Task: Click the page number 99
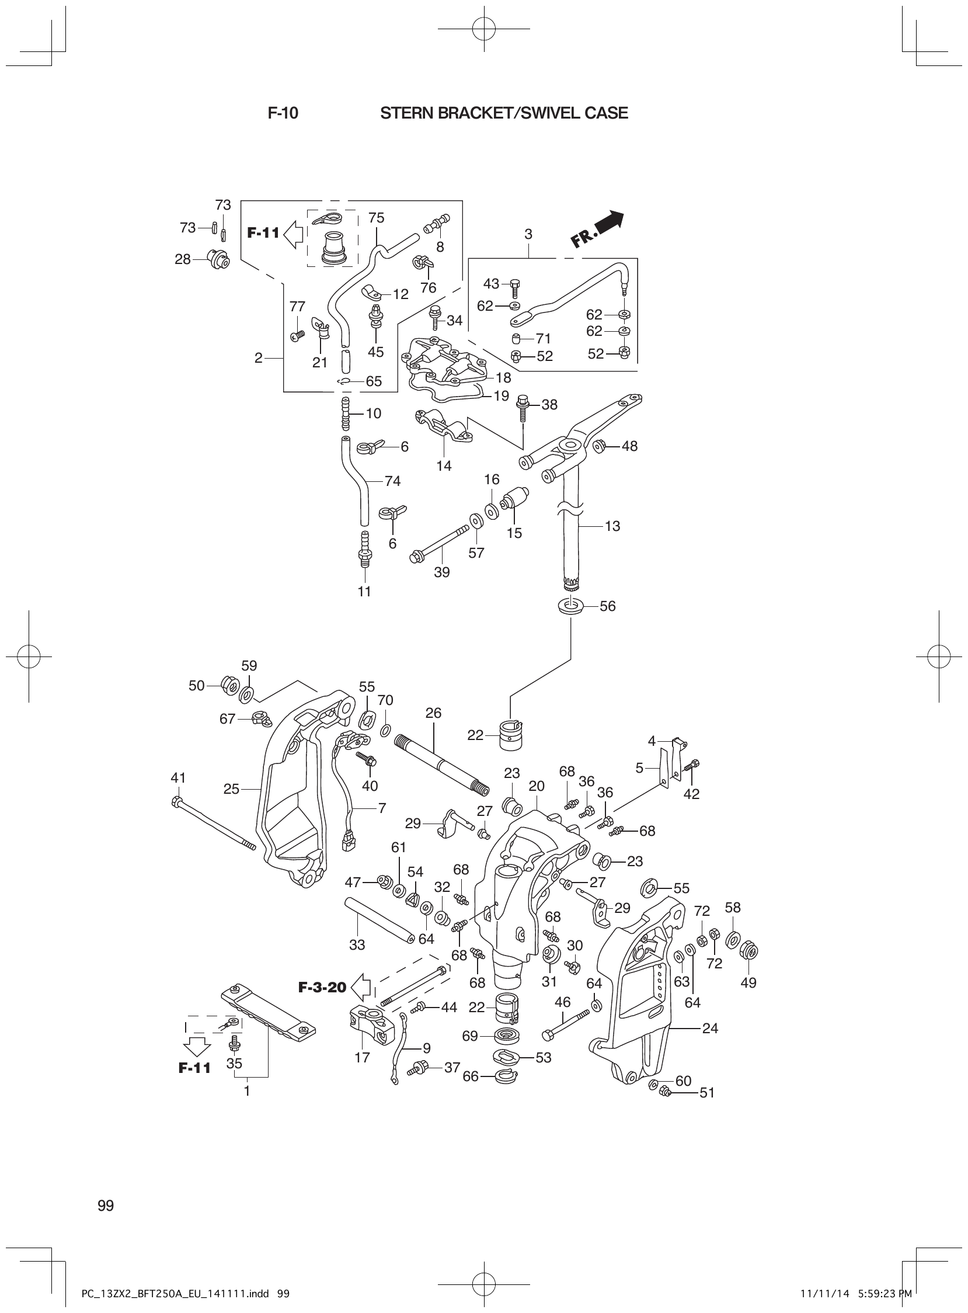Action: tap(106, 1189)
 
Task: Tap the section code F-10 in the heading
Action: tap(283, 113)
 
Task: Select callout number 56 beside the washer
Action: tap(608, 606)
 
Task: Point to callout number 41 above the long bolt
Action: tap(178, 778)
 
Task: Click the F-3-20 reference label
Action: tap(322, 987)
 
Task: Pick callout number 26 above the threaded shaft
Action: tap(433, 713)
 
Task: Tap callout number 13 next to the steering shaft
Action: tap(612, 526)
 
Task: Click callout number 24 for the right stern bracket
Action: tap(709, 1028)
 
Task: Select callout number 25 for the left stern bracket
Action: tap(231, 789)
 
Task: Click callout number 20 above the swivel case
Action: tap(536, 786)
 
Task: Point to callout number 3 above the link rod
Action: tap(528, 234)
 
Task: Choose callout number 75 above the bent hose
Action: tap(376, 218)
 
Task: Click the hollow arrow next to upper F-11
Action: tap(293, 233)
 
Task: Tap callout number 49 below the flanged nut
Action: tap(748, 982)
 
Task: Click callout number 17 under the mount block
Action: tap(362, 1057)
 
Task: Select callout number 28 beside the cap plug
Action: tap(183, 259)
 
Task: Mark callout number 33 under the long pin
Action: tap(357, 944)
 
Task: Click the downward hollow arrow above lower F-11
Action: tap(196, 1045)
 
